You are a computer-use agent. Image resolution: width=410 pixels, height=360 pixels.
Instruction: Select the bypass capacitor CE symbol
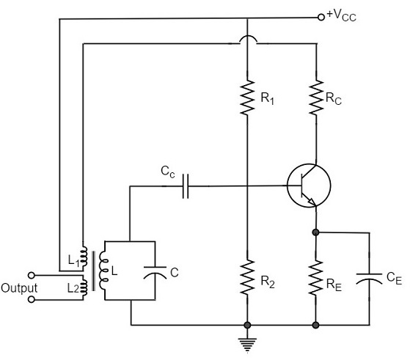pos(366,278)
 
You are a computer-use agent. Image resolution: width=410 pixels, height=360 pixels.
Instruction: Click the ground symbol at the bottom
pos(247,340)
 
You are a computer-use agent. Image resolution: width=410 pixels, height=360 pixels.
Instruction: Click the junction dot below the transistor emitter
pos(315,232)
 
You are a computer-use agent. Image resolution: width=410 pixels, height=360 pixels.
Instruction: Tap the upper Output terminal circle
pos(34,275)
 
